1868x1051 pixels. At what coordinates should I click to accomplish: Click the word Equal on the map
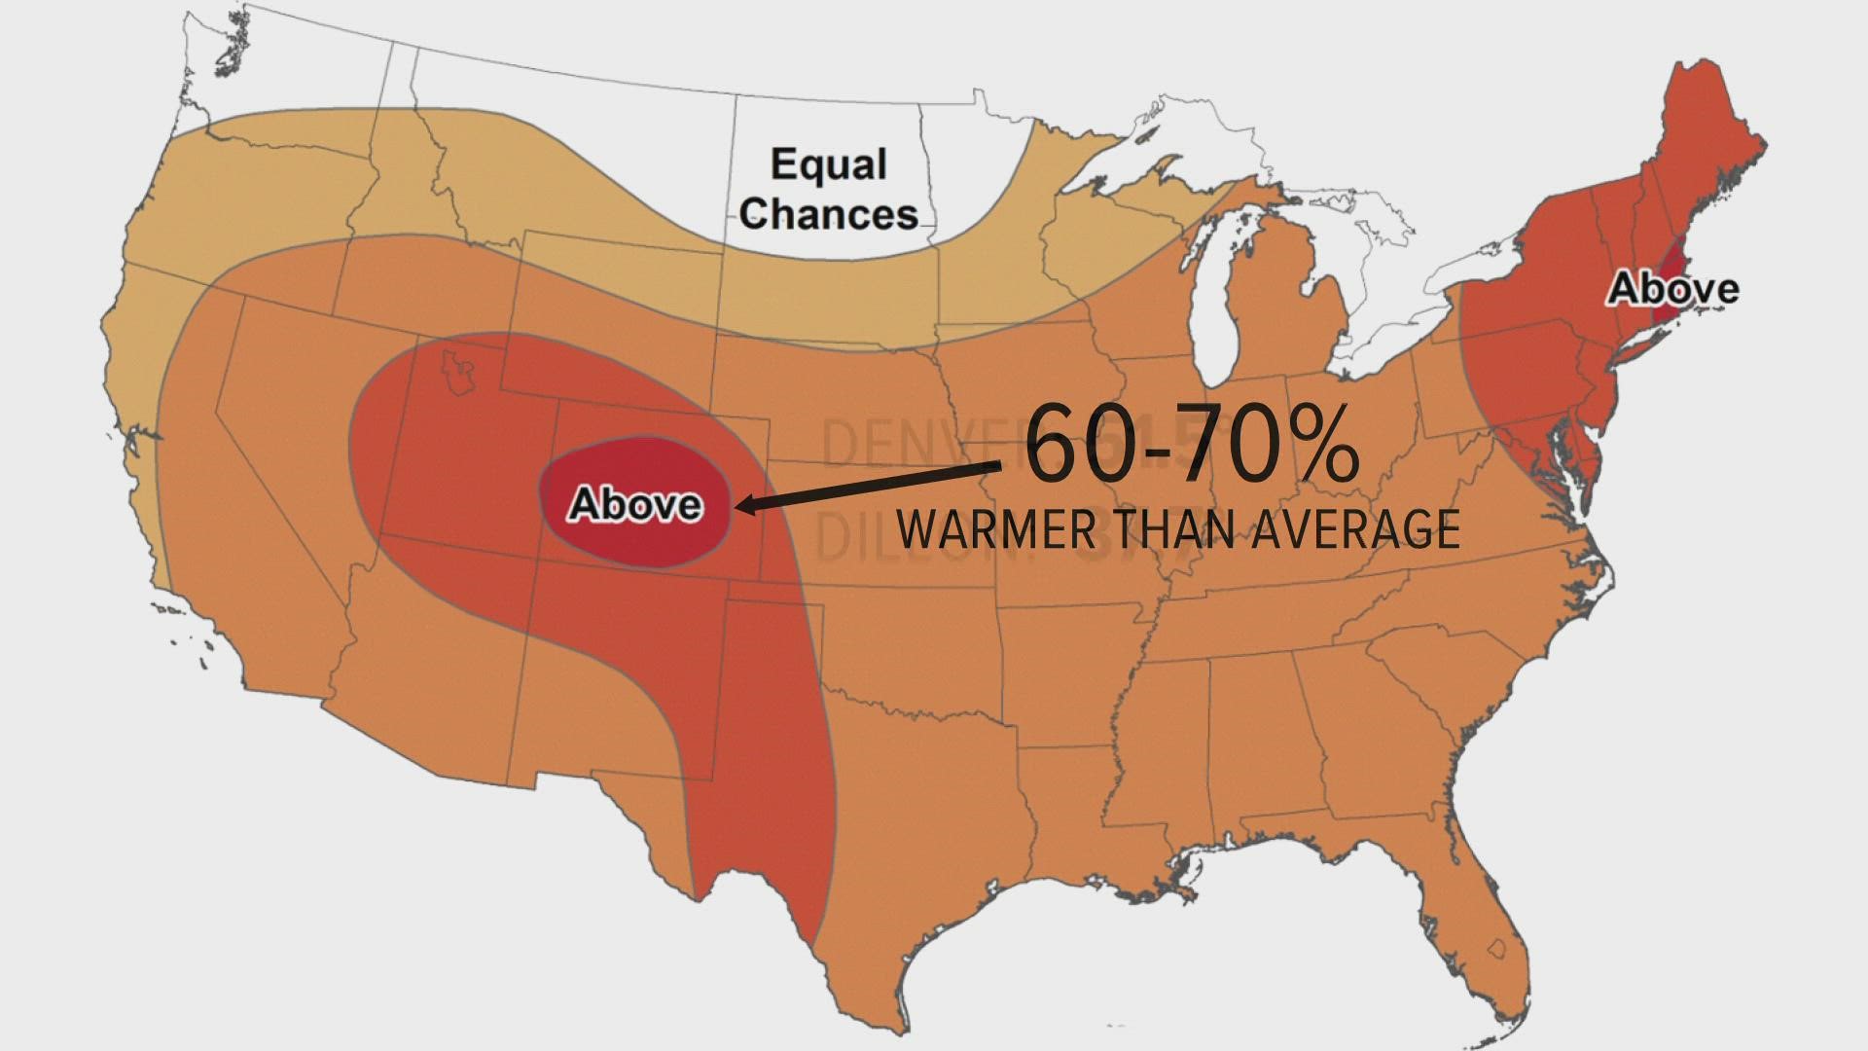[829, 163]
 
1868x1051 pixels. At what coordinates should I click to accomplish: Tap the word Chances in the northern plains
[828, 213]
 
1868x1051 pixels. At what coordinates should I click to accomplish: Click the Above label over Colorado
[635, 504]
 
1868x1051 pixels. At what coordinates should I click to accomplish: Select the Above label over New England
[1672, 288]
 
